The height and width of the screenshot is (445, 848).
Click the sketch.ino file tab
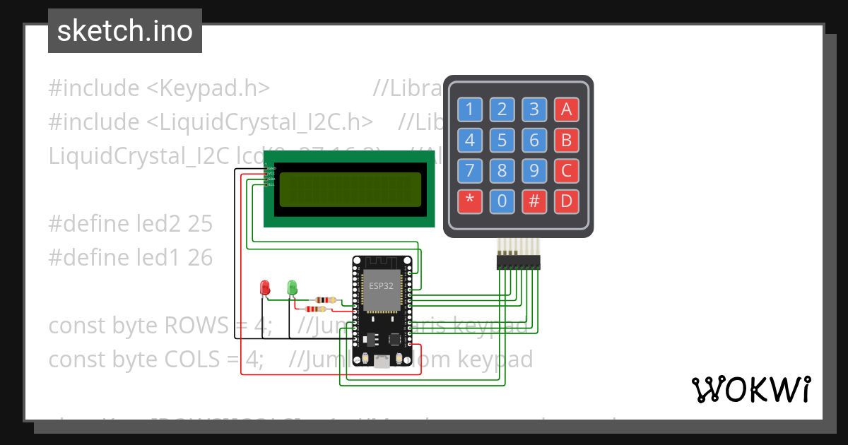pos(124,31)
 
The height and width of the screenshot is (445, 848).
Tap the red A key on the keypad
pos(566,109)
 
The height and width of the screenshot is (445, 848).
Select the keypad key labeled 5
pos(502,140)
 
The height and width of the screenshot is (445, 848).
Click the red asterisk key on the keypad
pos(469,202)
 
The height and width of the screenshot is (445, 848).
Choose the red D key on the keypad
pos(566,202)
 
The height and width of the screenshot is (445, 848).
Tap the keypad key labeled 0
pos(502,202)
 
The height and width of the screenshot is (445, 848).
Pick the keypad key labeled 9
pos(534,171)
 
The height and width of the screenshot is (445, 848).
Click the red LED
pos(266,287)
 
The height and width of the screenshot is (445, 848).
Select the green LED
pos(292,287)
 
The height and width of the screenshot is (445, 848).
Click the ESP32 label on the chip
pos(382,286)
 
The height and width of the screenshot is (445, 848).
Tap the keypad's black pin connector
pos(519,263)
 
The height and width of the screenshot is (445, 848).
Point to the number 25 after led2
pos(200,224)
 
